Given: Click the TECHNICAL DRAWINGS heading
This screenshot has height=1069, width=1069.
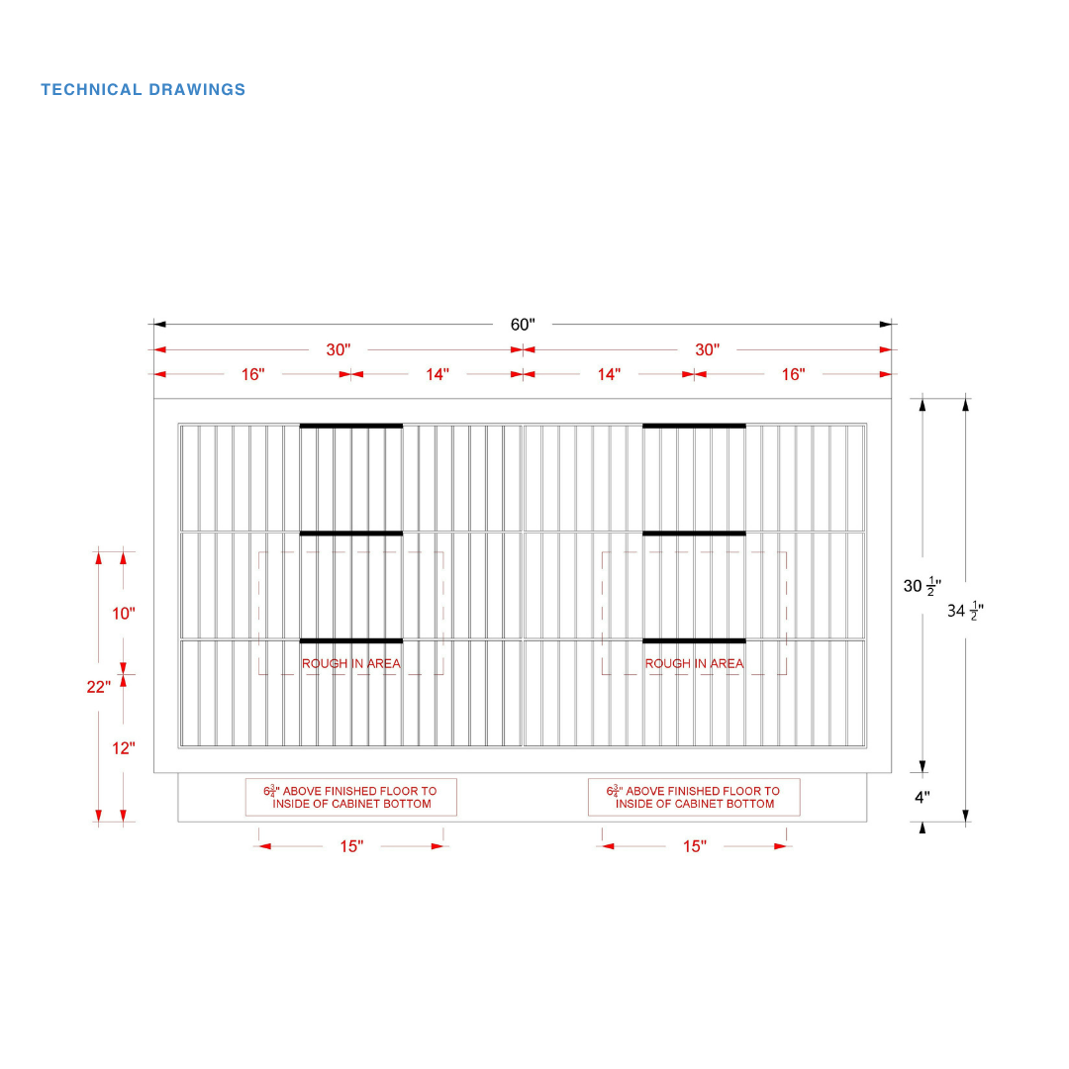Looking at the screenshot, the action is (143, 89).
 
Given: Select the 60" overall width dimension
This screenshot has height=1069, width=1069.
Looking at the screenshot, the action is (523, 325).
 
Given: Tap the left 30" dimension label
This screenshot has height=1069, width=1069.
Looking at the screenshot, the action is (339, 349).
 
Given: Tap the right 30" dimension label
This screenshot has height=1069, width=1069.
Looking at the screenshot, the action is (707, 349).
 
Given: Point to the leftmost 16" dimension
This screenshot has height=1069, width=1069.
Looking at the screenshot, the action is (252, 374).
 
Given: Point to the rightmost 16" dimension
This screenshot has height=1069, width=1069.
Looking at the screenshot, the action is (793, 374).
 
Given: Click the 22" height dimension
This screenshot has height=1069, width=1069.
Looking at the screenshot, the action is (98, 687).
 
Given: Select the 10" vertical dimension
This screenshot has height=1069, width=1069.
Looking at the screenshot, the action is (124, 614).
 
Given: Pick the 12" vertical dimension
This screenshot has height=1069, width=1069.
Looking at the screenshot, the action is (124, 748).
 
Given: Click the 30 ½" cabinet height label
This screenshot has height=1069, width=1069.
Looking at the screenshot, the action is (923, 586).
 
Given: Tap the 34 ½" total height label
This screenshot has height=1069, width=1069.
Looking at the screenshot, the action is (965, 611).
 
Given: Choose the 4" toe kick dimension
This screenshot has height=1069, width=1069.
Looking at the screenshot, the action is (923, 797).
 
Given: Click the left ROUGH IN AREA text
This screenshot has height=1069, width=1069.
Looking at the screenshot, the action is (351, 663).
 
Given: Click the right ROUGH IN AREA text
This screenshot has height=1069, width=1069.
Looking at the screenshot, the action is (694, 663).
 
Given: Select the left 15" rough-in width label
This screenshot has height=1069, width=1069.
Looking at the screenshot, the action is (351, 846).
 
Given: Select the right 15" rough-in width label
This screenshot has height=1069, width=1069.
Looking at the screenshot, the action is (695, 846).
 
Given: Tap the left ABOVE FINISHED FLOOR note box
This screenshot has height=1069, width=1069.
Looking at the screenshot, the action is (351, 797).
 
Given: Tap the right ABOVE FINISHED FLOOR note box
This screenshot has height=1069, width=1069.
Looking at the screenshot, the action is (694, 797).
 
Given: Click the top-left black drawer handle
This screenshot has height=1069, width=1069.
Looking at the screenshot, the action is (351, 426).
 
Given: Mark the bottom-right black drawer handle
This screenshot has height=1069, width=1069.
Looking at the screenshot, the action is (694, 640).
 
